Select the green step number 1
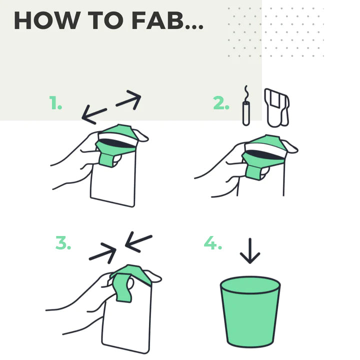click(55, 104)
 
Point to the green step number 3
click(63, 244)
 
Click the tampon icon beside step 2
click(245, 112)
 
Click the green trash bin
click(250, 312)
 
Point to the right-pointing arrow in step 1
click(128, 99)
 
